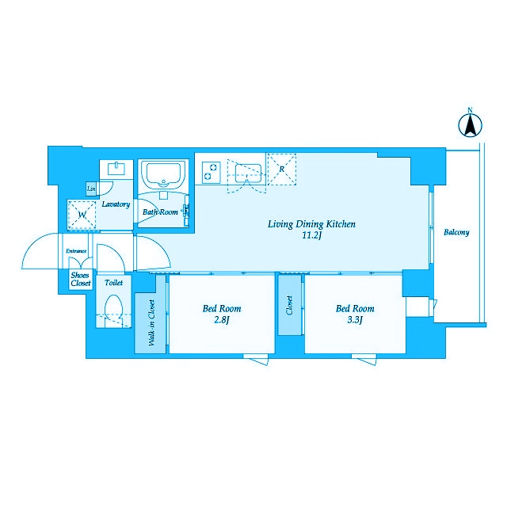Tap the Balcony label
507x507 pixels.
(456, 232)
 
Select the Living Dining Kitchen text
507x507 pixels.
(311, 224)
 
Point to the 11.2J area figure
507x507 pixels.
(311, 235)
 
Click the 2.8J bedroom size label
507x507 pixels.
(222, 320)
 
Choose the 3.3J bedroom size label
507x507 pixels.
(355, 320)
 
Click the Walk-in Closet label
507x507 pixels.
(151, 322)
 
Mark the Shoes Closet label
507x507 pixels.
(81, 280)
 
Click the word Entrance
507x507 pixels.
(76, 251)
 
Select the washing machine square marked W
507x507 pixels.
(82, 215)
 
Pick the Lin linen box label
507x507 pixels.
(91, 189)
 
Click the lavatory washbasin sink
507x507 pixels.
(116, 169)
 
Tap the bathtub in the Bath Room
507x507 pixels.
(164, 175)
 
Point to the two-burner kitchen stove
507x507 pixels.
(212, 172)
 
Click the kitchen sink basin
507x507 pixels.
(248, 173)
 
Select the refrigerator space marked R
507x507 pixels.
(282, 170)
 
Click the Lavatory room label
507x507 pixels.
(116, 204)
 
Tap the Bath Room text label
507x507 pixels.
(160, 212)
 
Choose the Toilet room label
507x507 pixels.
(114, 283)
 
